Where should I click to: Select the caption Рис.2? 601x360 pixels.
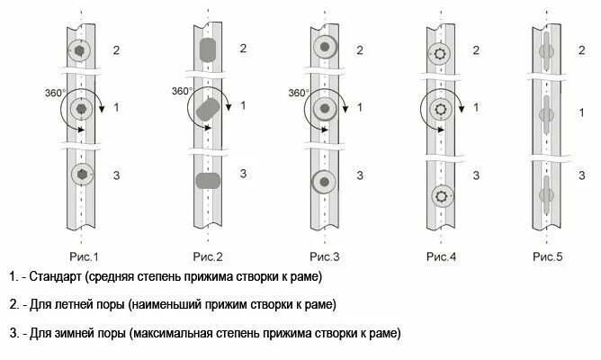(x=206, y=257)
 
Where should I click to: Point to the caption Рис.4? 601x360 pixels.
(x=441, y=257)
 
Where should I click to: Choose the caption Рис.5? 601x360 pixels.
(x=547, y=257)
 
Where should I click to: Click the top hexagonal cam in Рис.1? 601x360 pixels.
(x=80, y=51)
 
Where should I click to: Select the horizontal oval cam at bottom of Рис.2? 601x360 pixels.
(x=208, y=179)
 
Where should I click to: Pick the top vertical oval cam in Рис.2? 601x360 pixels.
(x=208, y=50)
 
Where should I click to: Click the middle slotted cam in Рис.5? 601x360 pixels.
(x=545, y=117)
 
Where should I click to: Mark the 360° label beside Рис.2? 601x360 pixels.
(x=182, y=92)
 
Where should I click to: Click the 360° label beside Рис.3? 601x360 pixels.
(x=299, y=92)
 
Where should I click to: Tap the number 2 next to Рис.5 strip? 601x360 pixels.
(x=581, y=49)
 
